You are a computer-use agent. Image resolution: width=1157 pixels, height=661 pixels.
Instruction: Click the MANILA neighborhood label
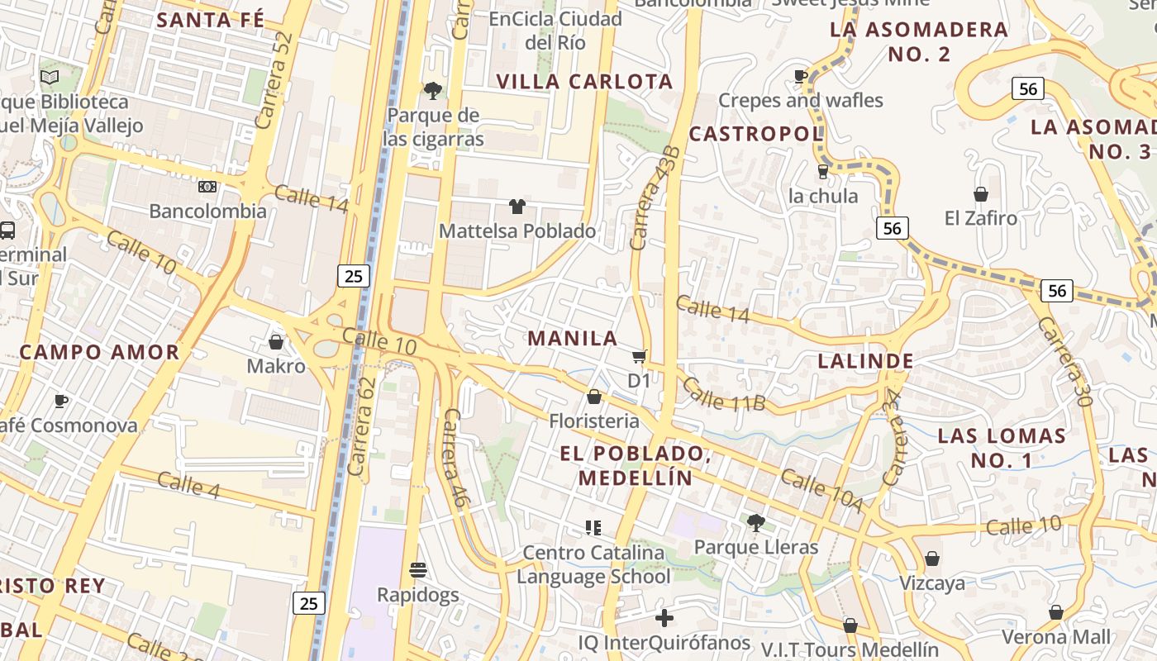(573, 338)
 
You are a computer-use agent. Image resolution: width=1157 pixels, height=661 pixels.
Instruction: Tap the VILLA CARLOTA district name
(584, 82)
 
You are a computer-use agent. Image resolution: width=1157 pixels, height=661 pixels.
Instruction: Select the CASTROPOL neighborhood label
(755, 133)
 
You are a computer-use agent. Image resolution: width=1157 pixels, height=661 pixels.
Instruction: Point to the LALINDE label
(865, 361)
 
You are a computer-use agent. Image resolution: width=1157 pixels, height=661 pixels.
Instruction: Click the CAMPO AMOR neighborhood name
(99, 352)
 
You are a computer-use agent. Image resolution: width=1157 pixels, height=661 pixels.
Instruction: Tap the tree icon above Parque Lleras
(755, 522)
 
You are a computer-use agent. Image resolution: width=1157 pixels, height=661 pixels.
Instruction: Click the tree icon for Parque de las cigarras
(432, 90)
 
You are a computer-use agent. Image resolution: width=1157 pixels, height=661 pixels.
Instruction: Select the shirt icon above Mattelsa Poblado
(517, 206)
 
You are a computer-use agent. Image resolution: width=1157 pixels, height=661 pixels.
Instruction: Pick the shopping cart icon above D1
(639, 356)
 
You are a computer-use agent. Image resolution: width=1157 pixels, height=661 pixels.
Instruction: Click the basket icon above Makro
(276, 341)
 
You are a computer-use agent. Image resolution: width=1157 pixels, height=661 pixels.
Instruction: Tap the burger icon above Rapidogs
(418, 570)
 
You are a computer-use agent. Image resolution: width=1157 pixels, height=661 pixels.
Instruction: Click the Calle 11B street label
(724, 395)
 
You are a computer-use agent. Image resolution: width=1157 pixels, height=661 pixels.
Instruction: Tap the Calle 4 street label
(188, 485)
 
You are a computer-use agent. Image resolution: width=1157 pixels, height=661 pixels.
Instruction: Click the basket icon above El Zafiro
(980, 194)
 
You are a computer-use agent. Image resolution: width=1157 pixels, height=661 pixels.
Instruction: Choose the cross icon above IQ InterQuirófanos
(664, 618)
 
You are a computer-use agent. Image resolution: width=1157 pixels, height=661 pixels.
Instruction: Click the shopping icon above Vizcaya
(932, 559)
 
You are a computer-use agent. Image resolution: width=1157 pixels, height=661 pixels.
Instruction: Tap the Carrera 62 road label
(362, 426)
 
